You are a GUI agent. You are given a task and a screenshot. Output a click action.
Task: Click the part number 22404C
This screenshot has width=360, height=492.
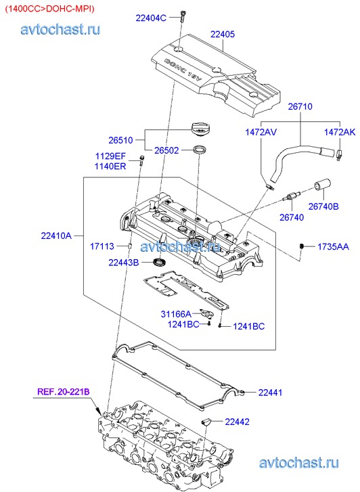tap(151, 18)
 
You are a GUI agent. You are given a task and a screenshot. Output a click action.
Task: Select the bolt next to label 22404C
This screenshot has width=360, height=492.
tap(182, 16)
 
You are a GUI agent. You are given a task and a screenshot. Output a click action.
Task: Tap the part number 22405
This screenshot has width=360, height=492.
tap(223, 35)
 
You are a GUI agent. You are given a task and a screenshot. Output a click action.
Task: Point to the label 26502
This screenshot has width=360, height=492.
tap(166, 150)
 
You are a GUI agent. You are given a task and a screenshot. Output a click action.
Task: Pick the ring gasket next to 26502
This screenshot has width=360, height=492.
tap(200, 150)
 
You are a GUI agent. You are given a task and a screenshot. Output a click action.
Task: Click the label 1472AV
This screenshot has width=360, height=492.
tap(261, 132)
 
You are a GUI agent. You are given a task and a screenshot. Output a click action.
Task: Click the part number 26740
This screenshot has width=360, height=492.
tap(292, 217)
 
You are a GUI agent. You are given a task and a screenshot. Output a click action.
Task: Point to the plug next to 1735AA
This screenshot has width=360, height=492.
tap(302, 246)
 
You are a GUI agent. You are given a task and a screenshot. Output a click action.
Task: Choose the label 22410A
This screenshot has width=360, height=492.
tap(56, 236)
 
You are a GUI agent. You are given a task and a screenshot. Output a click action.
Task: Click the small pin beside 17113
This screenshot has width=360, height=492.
tap(129, 246)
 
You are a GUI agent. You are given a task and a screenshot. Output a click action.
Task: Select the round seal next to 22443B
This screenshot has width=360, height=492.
tap(159, 262)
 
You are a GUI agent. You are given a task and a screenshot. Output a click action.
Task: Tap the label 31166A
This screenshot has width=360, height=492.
tap(176, 314)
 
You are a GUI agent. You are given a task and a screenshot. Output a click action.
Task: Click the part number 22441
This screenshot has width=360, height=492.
tap(270, 393)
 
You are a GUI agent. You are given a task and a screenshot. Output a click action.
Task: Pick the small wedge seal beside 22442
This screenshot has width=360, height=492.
tap(206, 422)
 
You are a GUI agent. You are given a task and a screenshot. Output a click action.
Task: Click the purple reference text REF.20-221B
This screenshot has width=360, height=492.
tap(64, 392)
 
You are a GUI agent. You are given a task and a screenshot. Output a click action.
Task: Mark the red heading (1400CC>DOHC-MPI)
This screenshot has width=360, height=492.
tap(49, 9)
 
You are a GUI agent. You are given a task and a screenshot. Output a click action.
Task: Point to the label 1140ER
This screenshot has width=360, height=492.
tap(110, 166)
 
